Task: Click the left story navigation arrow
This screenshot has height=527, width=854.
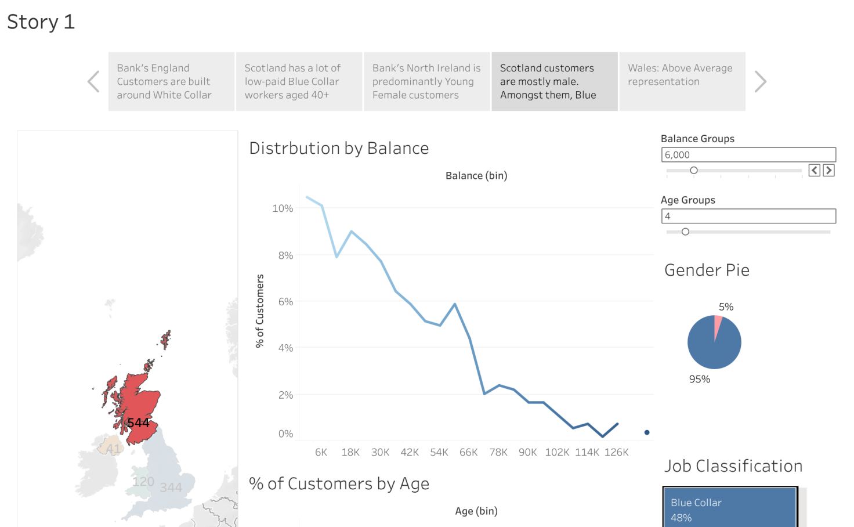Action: click(x=93, y=81)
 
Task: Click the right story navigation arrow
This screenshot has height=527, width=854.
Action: click(x=760, y=81)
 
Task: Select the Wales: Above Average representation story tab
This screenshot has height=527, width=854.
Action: click(x=682, y=81)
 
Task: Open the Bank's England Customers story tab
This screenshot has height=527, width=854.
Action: click(x=171, y=81)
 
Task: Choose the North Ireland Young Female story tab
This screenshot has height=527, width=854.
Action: click(x=426, y=81)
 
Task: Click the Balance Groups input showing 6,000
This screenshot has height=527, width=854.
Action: click(x=748, y=155)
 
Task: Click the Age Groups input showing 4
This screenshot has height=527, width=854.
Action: click(x=748, y=216)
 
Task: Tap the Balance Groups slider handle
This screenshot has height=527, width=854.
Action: click(x=693, y=171)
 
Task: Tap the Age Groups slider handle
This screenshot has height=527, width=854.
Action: click(x=685, y=232)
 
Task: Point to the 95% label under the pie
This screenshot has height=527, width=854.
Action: click(x=699, y=379)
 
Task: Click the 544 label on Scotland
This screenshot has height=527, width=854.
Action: click(x=138, y=423)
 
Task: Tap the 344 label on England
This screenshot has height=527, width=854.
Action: click(x=171, y=488)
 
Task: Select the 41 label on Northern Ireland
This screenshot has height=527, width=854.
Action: click(x=113, y=449)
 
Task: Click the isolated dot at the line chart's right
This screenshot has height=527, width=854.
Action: click(x=647, y=432)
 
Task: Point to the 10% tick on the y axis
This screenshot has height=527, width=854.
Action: click(x=283, y=208)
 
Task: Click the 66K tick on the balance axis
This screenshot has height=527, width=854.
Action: click(x=468, y=452)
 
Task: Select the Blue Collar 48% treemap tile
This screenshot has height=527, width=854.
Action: click(x=730, y=508)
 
